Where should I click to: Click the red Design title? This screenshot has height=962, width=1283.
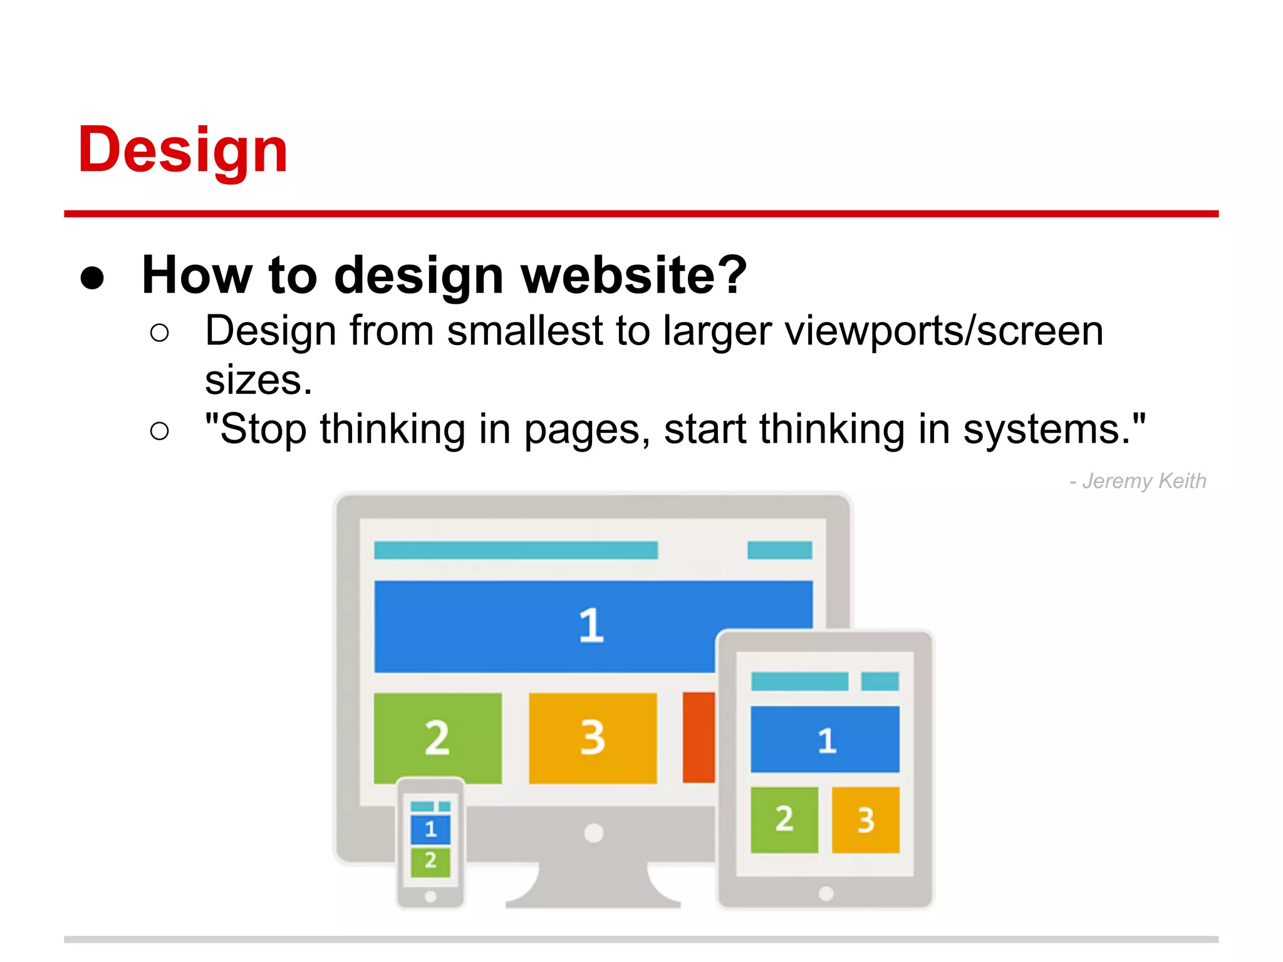[182, 150]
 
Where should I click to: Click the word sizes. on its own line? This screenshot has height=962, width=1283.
[258, 380]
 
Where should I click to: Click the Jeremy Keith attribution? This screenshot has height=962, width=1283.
[1138, 481]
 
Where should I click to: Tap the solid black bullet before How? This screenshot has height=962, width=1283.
[92, 277]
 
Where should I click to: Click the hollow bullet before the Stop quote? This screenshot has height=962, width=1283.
[160, 431]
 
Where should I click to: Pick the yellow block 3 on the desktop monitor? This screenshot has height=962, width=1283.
[593, 737]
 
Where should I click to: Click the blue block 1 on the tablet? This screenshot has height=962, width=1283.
[824, 740]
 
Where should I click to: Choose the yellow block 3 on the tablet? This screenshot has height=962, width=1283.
[865, 820]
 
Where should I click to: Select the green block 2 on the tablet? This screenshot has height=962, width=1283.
[784, 820]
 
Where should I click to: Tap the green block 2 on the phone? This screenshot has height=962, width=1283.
[430, 861]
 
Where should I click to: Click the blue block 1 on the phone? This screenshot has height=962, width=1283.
[430, 829]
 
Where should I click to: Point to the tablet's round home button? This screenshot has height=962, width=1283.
[826, 894]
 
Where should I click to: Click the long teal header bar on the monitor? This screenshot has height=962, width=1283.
[516, 551]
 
